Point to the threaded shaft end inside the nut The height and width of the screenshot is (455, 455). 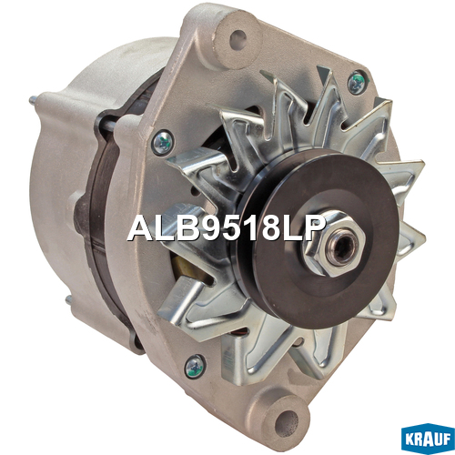pos(342,247)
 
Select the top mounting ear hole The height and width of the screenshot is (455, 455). pos(238,39)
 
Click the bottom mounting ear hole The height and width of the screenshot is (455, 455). pos(287,420)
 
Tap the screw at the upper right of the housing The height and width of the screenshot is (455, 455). pos(357,82)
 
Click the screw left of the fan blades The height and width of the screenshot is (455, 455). pos(164,142)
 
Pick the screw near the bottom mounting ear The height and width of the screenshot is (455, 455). pos(195,367)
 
